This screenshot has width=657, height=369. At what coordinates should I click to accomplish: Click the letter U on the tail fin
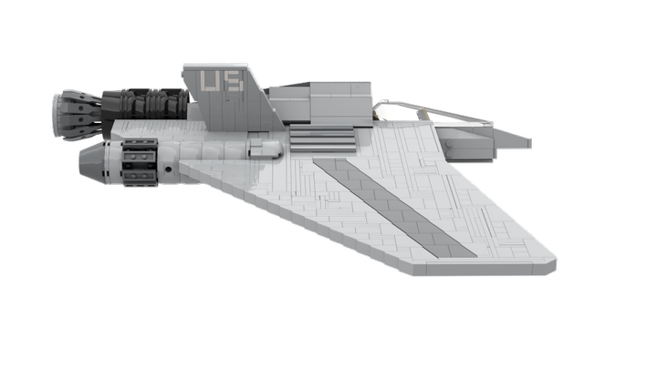tap(210, 81)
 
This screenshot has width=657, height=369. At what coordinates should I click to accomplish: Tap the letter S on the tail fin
tap(234, 81)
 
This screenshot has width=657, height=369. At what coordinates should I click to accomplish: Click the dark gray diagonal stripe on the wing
tap(394, 208)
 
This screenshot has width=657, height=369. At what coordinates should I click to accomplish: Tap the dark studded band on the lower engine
tap(140, 162)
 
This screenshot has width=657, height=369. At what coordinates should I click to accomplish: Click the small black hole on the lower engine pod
tap(168, 169)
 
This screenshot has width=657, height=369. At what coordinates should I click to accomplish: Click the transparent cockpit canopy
tap(432, 111)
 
